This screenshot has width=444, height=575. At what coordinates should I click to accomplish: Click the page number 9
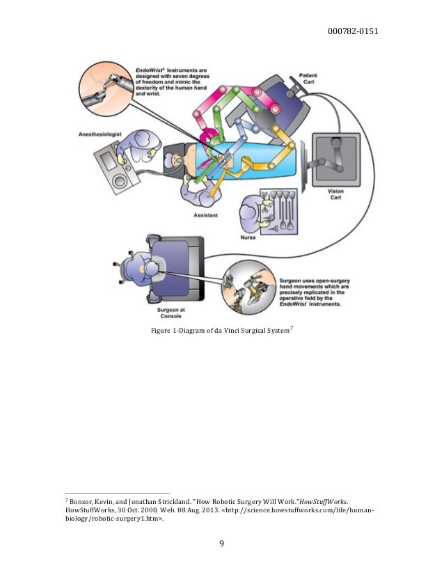(x=222, y=544)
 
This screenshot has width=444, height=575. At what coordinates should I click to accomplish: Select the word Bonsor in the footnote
(x=82, y=501)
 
